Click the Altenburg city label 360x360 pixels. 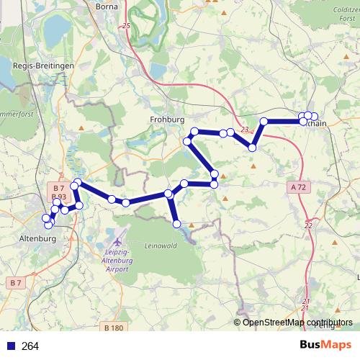(x=37, y=237)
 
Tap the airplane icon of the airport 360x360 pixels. (x=117, y=237)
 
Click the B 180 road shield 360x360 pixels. (x=114, y=328)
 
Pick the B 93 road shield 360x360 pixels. (x=59, y=197)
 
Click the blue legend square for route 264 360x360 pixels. (x=10, y=346)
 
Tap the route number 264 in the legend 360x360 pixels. (x=30, y=346)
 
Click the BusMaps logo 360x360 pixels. (x=325, y=345)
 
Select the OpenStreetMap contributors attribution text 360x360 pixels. (x=297, y=323)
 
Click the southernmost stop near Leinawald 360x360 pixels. (x=177, y=225)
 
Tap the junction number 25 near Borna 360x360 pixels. (x=127, y=26)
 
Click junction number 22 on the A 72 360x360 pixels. (x=308, y=225)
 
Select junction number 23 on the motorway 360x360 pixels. (x=246, y=130)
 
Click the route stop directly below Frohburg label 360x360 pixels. (x=194, y=131)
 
